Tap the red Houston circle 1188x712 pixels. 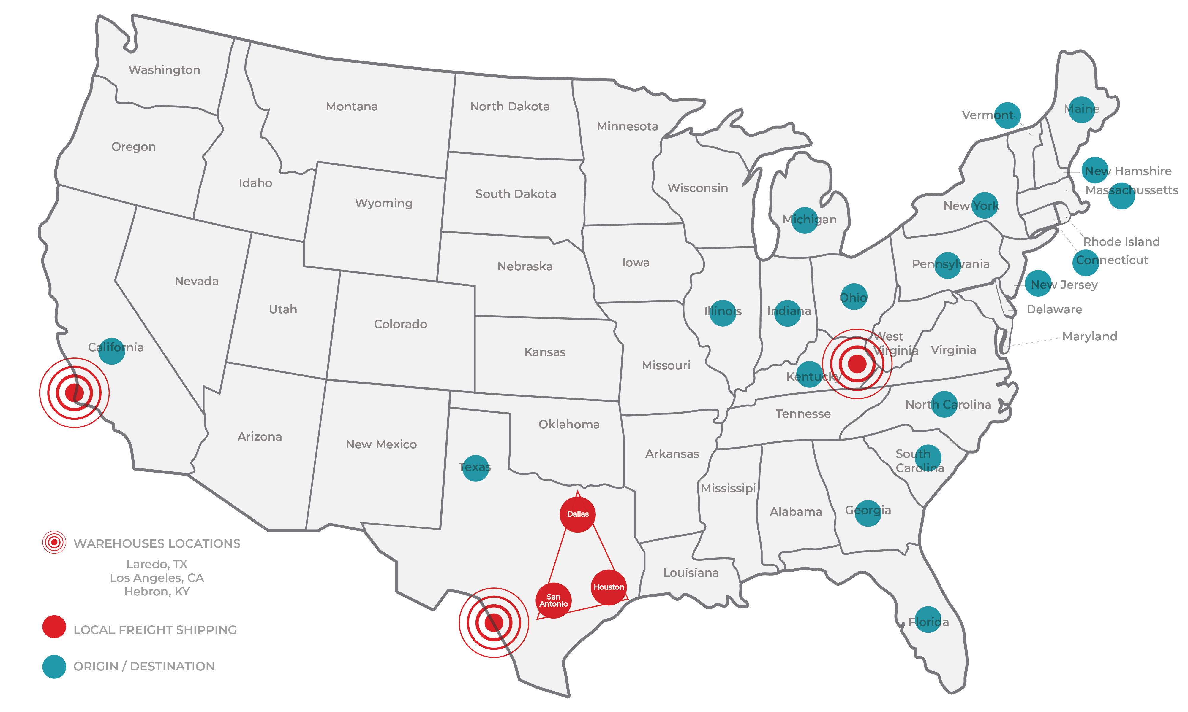tap(609, 587)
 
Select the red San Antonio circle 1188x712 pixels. tap(553, 601)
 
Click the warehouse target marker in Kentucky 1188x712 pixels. tap(857, 364)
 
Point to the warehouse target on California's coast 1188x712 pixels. tap(75, 392)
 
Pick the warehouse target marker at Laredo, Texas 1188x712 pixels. tap(494, 623)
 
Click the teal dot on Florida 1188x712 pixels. tap(928, 620)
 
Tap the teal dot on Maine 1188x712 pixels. tap(1081, 109)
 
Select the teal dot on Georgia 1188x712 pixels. tap(868, 513)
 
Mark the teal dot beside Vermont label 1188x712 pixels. tap(1007, 116)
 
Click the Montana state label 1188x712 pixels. tap(352, 107)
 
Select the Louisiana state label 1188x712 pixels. tap(691, 573)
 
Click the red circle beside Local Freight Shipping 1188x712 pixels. tap(54, 627)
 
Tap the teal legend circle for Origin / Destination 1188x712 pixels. tap(54, 666)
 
